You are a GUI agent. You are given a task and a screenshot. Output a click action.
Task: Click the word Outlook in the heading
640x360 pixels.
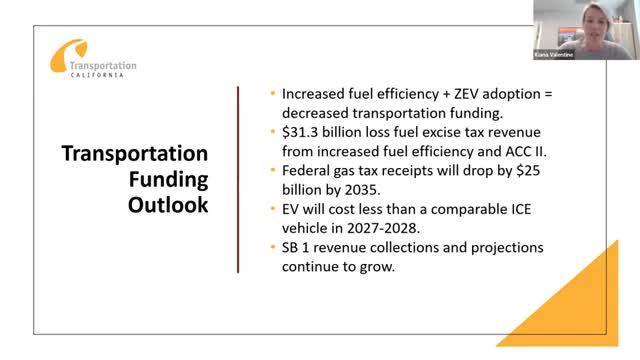point(167,205)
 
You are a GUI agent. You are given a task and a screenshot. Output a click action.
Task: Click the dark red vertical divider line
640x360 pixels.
point(237,179)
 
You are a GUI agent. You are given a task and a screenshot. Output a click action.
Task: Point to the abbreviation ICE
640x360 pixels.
point(504,207)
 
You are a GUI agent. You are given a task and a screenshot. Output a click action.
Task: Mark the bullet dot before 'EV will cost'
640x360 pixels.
point(274,208)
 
